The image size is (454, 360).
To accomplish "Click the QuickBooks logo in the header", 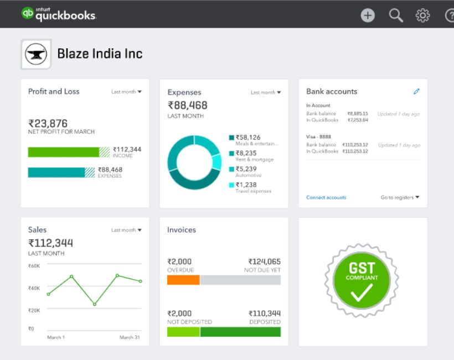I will (59, 14).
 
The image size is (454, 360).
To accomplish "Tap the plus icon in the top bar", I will (368, 16).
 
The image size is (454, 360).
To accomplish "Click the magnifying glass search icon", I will (396, 16).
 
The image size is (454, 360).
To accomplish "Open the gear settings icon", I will (422, 16).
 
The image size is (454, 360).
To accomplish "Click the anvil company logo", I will (36, 54).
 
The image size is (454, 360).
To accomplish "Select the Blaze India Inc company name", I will (100, 54).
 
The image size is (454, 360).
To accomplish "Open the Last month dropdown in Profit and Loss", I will (126, 92).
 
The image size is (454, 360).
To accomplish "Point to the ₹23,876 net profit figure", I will (48, 124).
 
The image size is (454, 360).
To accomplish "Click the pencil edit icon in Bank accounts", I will (416, 91).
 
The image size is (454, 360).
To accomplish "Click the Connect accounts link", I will (326, 198).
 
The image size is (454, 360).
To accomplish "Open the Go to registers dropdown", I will (400, 198).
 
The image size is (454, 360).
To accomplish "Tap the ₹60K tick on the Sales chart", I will (34, 266).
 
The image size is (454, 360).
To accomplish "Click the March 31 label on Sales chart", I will (130, 337).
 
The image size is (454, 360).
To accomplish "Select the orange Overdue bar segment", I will (183, 280).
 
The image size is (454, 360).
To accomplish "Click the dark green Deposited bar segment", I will (240, 332).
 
